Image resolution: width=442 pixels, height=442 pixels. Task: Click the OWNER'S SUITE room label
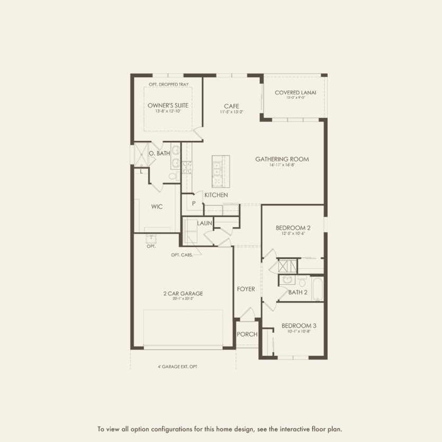pos(168,105)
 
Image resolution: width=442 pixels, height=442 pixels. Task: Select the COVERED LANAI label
pos(295,93)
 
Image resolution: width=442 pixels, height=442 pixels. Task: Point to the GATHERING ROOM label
pos(282,159)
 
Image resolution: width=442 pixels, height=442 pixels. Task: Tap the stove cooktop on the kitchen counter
pos(187,168)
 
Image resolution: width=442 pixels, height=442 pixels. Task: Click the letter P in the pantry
pos(194,203)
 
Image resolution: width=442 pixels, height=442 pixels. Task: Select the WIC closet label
pos(157,206)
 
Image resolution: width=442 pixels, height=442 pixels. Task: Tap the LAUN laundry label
pos(205,223)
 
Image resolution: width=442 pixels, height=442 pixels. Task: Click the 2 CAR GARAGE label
pos(183,293)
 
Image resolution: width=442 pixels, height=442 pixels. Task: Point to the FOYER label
pos(246,289)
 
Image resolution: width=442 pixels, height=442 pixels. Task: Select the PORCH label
pos(247,334)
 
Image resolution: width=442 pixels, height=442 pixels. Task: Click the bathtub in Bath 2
pos(317,288)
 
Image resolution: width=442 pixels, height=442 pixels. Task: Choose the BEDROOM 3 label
pos(298,326)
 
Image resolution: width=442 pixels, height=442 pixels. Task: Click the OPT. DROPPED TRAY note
pos(168,85)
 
